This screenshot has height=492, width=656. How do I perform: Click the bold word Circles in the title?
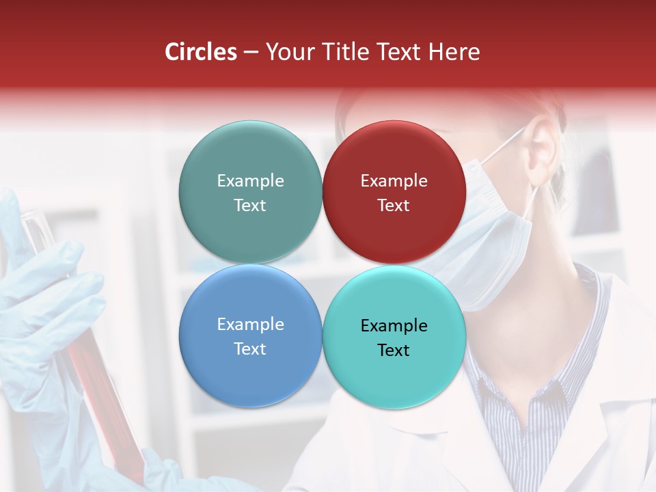201,52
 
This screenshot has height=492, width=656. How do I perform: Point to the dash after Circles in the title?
250,53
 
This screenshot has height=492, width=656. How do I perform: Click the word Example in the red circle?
394,181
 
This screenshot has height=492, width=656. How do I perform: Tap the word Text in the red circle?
394,206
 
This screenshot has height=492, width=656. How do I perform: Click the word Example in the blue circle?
250,325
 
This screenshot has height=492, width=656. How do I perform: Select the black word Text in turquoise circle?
394,351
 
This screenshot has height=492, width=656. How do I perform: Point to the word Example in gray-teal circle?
250,181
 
